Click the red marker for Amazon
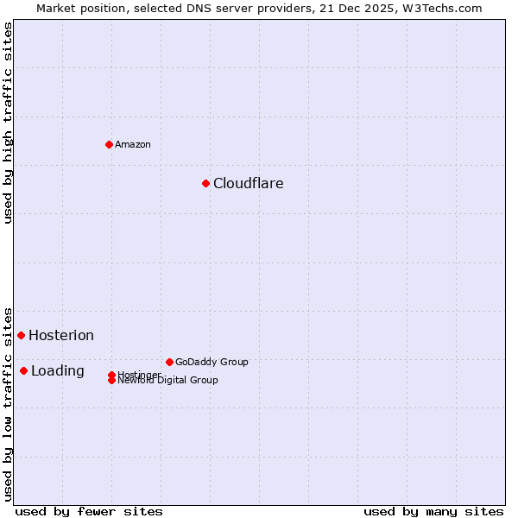click(x=109, y=144)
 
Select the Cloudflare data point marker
click(x=205, y=183)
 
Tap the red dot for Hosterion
click(x=21, y=335)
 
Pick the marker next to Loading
click(x=23, y=370)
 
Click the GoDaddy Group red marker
click(x=169, y=362)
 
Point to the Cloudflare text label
click(x=248, y=183)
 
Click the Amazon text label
click(x=133, y=144)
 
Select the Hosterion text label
click(x=60, y=335)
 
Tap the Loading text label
click(x=57, y=371)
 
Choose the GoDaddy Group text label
click(x=212, y=362)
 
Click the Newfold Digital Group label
click(x=167, y=380)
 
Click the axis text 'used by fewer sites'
click(x=89, y=511)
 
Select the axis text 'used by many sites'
click(x=433, y=511)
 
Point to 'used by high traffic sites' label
click(x=8, y=123)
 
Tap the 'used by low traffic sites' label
click(x=8, y=403)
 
